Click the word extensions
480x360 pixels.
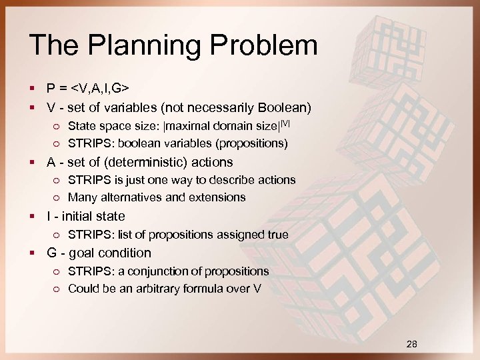click(219, 197)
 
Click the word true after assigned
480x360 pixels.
click(276, 235)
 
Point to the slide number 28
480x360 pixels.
click(412, 344)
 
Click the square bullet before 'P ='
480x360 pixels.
click(33, 89)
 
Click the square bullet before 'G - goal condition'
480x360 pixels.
click(33, 253)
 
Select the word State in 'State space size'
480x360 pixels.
click(81, 126)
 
